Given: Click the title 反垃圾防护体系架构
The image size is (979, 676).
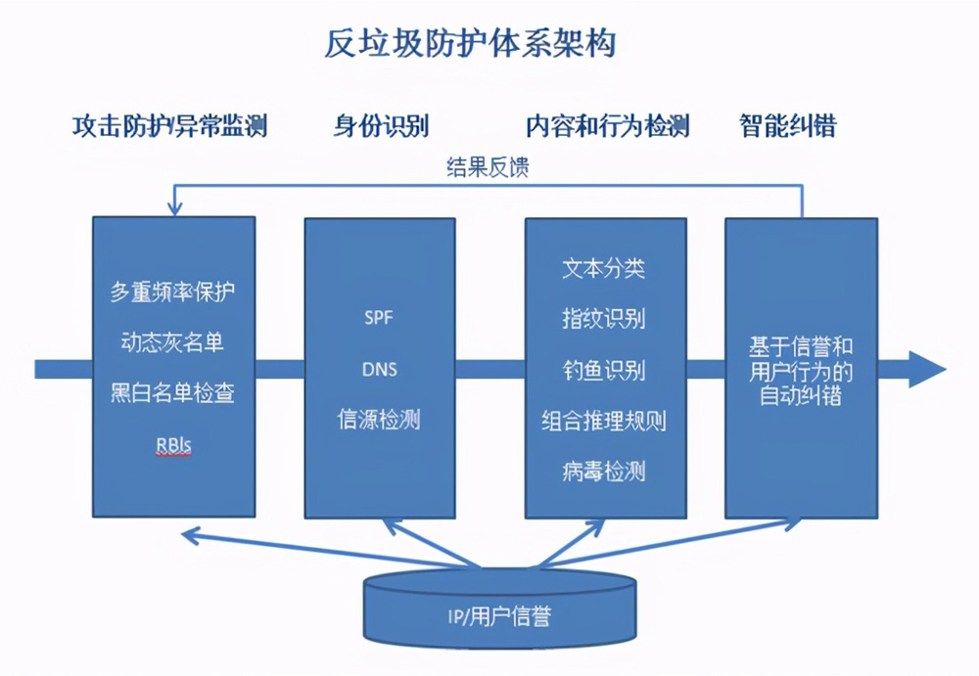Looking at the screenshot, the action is pyautogui.click(x=470, y=43).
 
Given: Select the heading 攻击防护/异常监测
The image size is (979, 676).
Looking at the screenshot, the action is pyautogui.click(x=169, y=125).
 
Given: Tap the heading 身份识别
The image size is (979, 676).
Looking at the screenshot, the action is pyautogui.click(x=381, y=125).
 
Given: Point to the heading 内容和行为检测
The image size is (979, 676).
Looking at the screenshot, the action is pyautogui.click(x=608, y=125).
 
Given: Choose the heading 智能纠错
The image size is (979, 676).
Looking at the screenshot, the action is pyautogui.click(x=788, y=125).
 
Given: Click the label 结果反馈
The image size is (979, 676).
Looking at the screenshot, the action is pyautogui.click(x=488, y=167).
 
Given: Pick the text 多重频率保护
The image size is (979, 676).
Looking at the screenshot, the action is pyautogui.click(x=173, y=292).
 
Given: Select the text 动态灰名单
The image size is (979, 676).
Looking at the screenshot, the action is pyautogui.click(x=172, y=342).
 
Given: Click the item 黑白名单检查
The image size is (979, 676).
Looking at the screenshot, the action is pyautogui.click(x=173, y=393).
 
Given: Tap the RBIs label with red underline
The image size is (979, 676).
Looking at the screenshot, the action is pyautogui.click(x=173, y=445).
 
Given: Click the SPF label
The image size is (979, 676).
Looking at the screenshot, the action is pyautogui.click(x=379, y=318).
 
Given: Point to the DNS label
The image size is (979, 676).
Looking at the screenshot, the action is pyautogui.click(x=380, y=370).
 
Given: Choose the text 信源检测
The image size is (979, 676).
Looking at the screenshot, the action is pyautogui.click(x=379, y=420).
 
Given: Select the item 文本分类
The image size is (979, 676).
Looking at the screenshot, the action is pyautogui.click(x=604, y=268).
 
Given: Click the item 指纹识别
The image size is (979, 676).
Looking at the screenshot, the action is pyautogui.click(x=604, y=319).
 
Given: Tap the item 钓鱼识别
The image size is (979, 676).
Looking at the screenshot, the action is pyautogui.click(x=604, y=370).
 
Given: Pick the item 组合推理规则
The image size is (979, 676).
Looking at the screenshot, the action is pyautogui.click(x=604, y=422).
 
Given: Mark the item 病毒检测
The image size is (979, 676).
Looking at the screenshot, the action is pyautogui.click(x=604, y=472).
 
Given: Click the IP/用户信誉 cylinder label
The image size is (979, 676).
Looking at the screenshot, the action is pyautogui.click(x=499, y=616).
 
